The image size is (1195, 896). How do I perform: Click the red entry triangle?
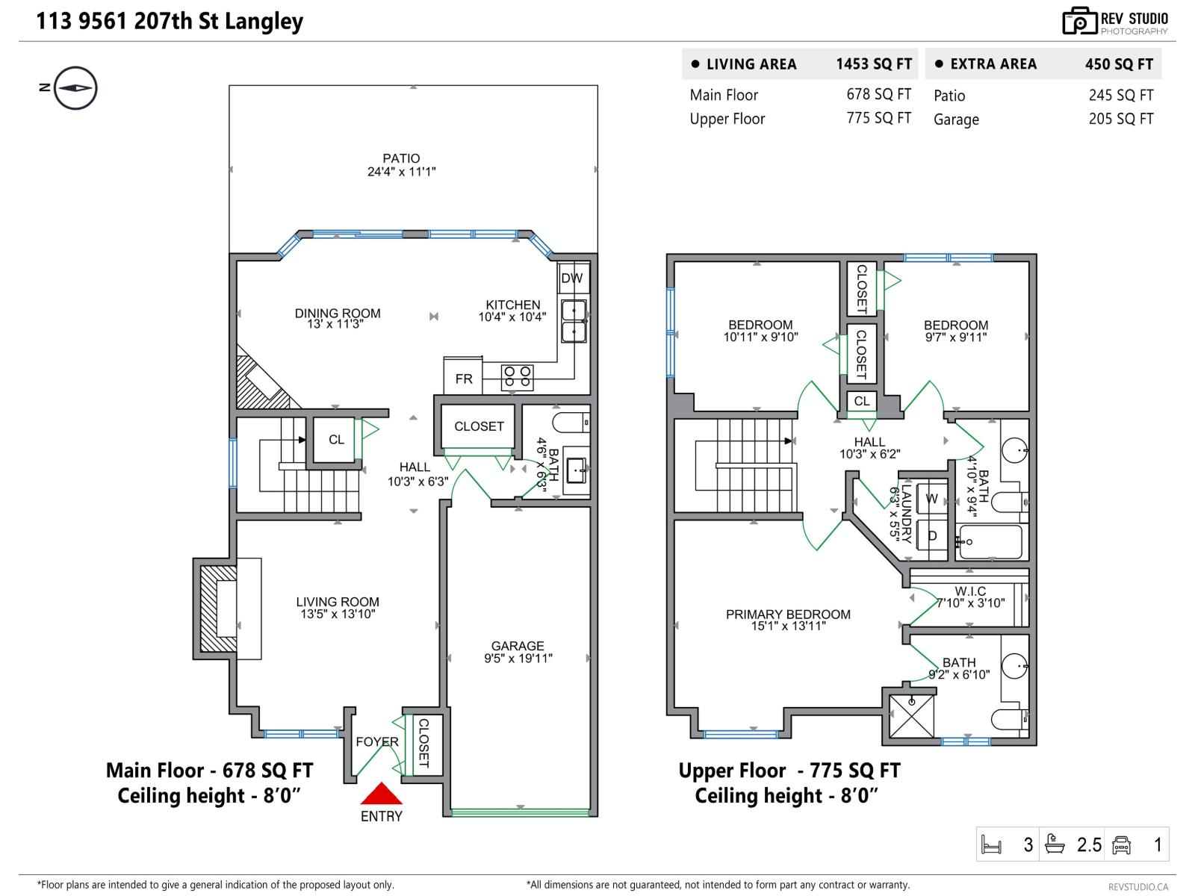[x=381, y=794]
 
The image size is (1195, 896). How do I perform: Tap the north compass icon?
[x=75, y=88]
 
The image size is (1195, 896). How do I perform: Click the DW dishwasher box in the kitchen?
[x=572, y=279]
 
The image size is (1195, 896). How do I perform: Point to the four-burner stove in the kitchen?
[x=517, y=376]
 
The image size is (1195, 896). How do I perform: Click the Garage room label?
[x=518, y=646]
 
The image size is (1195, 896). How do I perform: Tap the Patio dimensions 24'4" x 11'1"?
[x=401, y=172]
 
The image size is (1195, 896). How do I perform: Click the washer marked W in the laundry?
[x=931, y=499]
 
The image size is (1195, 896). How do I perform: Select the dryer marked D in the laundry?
[x=931, y=535]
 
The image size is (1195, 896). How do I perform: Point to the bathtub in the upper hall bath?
[x=990, y=542]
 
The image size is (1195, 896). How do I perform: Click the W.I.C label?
[x=970, y=591]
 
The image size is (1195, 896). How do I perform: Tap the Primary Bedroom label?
[x=788, y=615]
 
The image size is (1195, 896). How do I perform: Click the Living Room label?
[x=338, y=602]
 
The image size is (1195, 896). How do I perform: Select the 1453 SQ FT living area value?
[x=874, y=64]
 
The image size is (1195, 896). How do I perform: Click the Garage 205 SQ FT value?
[x=1120, y=119]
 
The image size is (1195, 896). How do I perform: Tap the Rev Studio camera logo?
[x=1079, y=21]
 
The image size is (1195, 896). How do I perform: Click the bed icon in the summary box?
[x=991, y=844]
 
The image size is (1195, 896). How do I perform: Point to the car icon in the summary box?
[x=1121, y=844]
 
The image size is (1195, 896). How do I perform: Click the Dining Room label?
[x=338, y=314]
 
